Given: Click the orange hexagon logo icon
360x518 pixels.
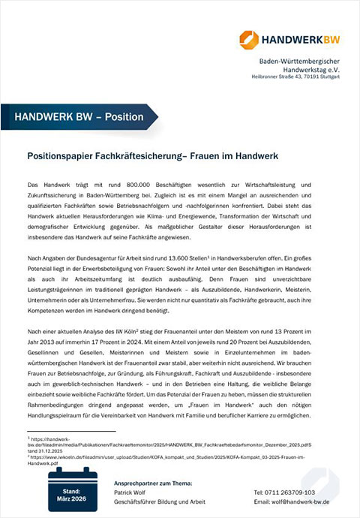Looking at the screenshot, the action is (x=249, y=39).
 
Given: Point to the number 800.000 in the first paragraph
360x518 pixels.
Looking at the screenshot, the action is (x=116, y=185).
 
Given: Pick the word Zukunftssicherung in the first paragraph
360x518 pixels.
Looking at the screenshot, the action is (x=52, y=194).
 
